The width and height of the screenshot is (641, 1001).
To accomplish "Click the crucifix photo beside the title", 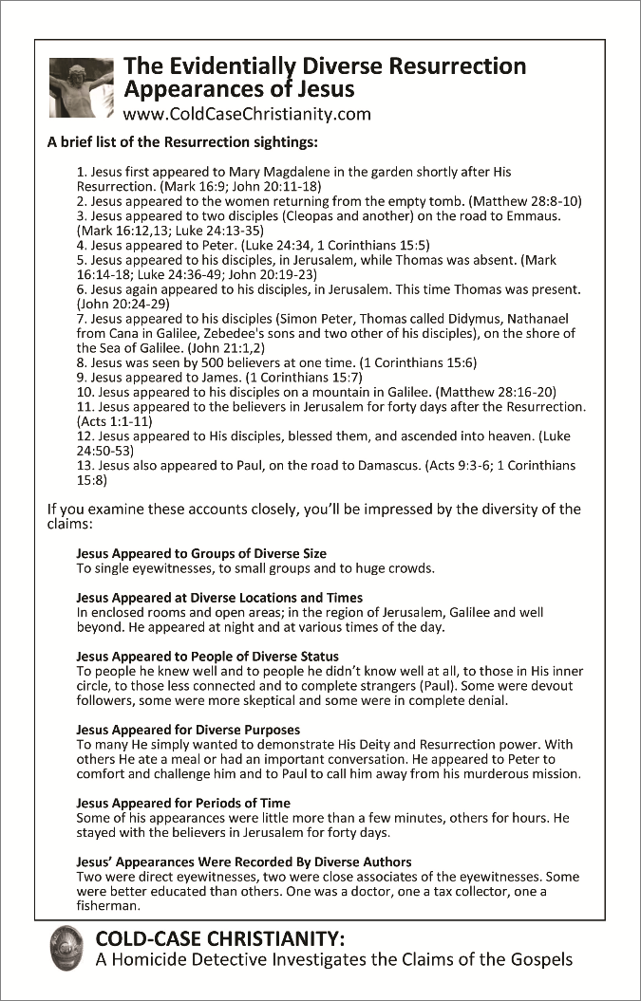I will pyautogui.click(x=81, y=87).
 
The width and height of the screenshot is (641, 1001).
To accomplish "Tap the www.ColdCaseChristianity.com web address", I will pyautogui.click(x=247, y=115).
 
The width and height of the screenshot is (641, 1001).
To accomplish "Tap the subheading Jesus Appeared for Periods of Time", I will pyautogui.click(x=182, y=803).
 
